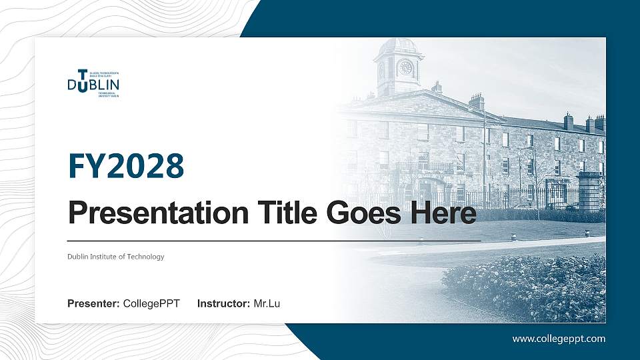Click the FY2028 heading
[125, 166]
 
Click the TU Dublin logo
[93, 83]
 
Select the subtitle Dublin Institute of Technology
[115, 257]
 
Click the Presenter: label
[93, 304]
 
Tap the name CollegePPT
[151, 304]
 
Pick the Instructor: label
[224, 304]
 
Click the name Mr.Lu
[267, 304]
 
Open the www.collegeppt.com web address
[559, 339]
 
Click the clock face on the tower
[405, 67]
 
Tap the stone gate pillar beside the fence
[589, 191]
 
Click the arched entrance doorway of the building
[427, 191]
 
